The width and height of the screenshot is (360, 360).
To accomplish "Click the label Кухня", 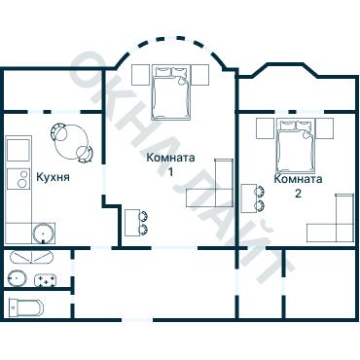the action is pos(53,177).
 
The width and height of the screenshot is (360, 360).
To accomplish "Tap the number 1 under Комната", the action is pos(170,172).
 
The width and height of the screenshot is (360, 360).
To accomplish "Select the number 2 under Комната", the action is pos(298,194).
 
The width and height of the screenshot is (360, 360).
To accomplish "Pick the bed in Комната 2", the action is pos(297,146).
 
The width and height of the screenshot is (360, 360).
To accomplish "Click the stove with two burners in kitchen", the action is pos(19,179).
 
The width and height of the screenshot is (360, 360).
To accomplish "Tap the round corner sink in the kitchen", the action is pos(43,234).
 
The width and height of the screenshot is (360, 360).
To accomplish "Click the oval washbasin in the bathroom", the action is pos(18,278).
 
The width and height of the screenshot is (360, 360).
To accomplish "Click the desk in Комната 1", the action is pos(132,223).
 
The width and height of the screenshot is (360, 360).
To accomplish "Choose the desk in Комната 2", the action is pos(249,198).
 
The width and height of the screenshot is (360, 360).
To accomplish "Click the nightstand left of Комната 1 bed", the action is pos(141,75).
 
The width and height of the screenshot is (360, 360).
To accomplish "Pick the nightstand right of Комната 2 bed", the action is pos(325,128).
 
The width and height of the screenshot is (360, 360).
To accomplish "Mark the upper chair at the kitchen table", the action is pos(59,130).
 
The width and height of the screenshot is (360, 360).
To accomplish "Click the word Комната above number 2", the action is pos(298,179).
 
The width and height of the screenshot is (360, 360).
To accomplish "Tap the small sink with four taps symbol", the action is pos(46,280).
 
